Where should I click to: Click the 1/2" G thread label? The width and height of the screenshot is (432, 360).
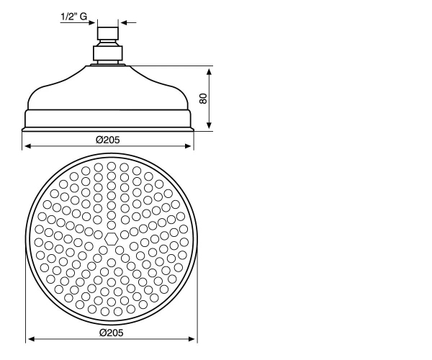(x=74, y=17)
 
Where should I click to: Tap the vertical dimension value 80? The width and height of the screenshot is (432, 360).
(x=203, y=99)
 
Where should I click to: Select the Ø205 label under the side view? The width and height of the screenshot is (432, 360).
(x=108, y=140)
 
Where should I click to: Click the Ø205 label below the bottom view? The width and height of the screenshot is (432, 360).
(x=112, y=333)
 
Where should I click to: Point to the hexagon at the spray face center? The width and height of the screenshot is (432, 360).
(x=112, y=238)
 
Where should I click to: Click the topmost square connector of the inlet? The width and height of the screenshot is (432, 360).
(x=108, y=33)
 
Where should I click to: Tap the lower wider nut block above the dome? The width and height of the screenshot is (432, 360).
(x=108, y=53)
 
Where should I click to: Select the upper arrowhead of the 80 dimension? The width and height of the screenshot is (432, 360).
(x=209, y=71)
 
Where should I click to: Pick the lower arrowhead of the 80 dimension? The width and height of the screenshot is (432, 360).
(x=209, y=125)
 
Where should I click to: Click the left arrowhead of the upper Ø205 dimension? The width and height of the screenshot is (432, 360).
(x=28, y=146)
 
